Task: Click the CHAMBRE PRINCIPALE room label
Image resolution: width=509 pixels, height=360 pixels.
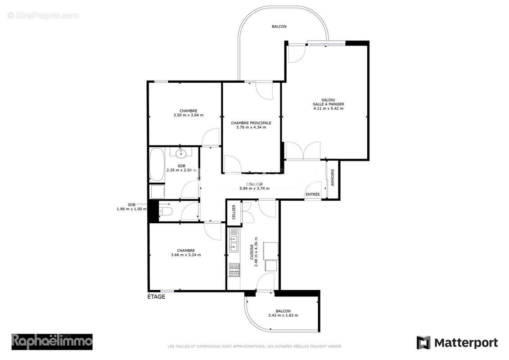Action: (251, 122)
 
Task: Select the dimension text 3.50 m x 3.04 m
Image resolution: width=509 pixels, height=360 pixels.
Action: (188, 115)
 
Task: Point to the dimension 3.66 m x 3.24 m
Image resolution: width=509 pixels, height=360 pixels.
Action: (185, 255)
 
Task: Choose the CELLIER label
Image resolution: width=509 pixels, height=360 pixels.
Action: (233, 212)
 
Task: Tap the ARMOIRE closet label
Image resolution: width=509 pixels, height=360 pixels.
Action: (333, 178)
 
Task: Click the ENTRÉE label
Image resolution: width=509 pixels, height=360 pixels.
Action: (312, 194)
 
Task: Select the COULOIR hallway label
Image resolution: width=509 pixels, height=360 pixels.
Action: (254, 184)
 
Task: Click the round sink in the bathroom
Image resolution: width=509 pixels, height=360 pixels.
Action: (181, 154)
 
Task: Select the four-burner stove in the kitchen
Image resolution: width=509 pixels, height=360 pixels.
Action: (234, 270)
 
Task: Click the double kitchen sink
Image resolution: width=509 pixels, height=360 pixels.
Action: (234, 240)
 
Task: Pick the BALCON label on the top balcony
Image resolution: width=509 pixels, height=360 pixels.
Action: (279, 27)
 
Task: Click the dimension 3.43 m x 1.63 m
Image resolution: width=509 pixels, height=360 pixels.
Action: (283, 315)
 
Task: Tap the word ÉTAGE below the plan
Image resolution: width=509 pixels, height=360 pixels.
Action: (156, 297)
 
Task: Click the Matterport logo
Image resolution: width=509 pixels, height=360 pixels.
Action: (457, 342)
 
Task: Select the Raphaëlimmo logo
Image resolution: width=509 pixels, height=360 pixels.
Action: (52, 342)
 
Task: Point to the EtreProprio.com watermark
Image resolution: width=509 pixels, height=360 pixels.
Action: (43, 16)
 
